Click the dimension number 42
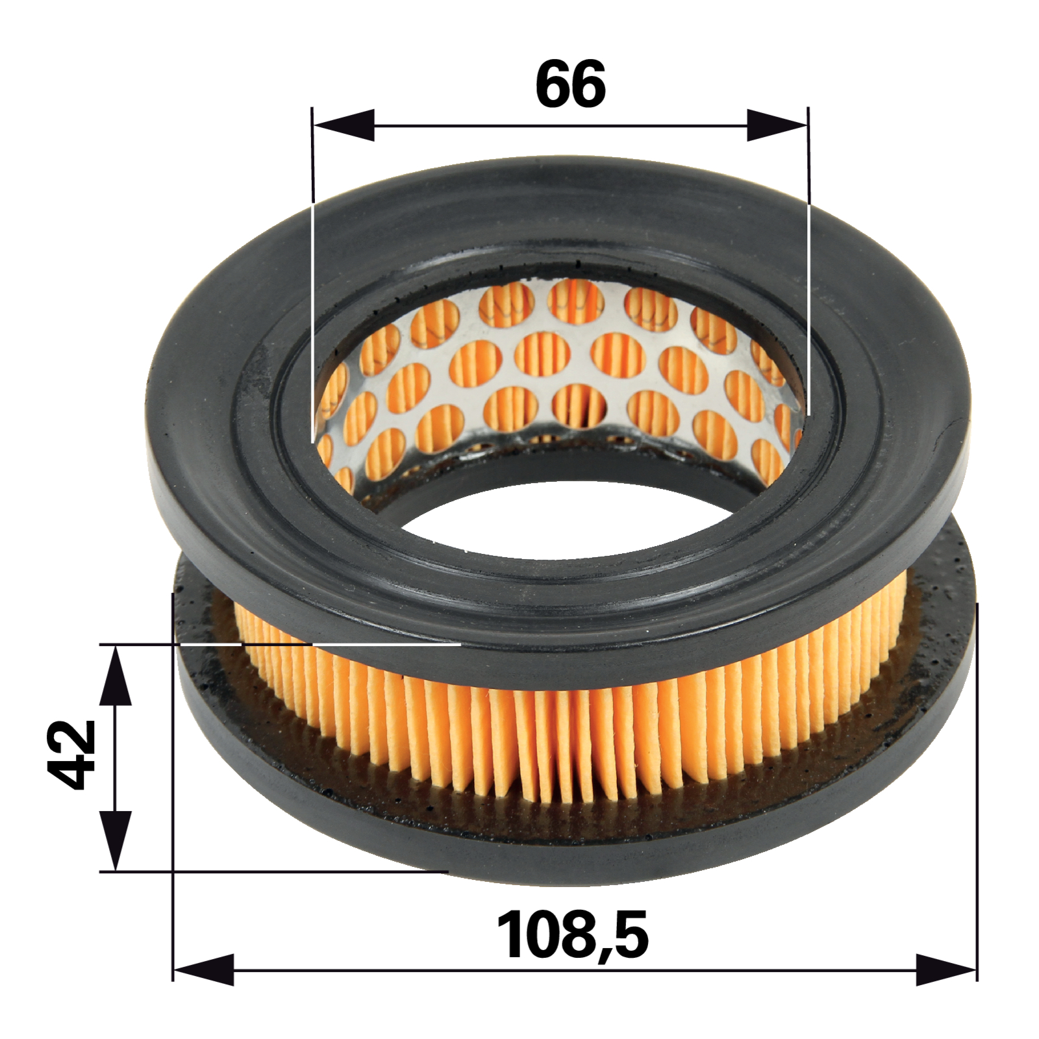click(72, 754)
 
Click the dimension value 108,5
click(572, 936)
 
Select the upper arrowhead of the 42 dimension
click(115, 675)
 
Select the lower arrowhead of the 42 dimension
click(115, 840)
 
